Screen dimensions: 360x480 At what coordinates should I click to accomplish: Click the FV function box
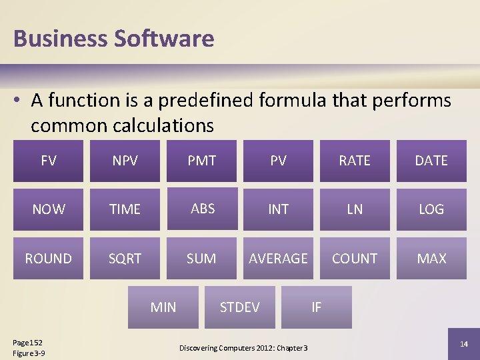tap(48, 161)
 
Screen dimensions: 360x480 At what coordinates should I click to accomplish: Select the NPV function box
tap(125, 161)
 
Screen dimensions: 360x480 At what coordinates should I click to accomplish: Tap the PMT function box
tap(201, 161)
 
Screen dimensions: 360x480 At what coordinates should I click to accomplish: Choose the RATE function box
tap(355, 161)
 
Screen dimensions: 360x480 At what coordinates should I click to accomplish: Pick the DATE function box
tap(431, 161)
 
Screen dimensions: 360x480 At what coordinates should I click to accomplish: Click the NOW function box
tap(48, 209)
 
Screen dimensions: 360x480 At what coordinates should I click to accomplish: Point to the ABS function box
tap(201, 209)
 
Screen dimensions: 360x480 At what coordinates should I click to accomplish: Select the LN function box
tap(355, 209)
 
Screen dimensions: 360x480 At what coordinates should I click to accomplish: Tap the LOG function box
tap(431, 209)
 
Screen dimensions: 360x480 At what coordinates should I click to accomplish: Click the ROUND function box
tap(48, 258)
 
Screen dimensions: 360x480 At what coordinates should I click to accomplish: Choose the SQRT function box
tap(125, 258)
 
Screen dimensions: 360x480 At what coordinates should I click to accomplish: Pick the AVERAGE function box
tap(278, 258)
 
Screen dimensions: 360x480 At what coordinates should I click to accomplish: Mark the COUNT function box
tap(355, 258)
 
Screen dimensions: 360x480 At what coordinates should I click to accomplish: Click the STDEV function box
tap(239, 307)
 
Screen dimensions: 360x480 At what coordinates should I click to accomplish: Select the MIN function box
tap(163, 307)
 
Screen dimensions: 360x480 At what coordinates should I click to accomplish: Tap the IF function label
tap(316, 307)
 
